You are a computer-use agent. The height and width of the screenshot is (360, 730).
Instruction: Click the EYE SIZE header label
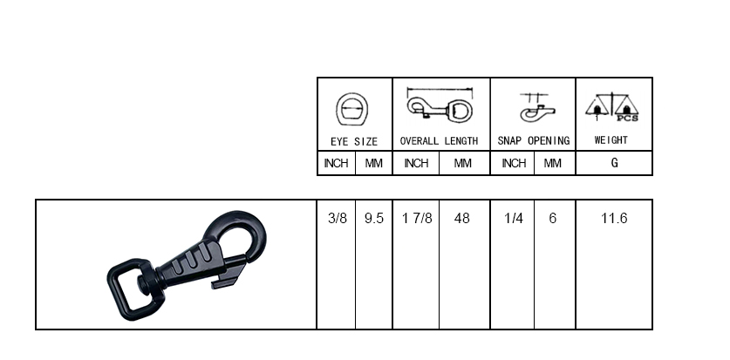coord(354,141)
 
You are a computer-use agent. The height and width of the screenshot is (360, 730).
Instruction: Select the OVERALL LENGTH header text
coord(439,141)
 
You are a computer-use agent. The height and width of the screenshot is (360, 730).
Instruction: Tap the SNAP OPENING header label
coord(534,140)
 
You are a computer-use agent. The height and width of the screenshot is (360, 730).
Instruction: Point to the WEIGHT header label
coord(611,140)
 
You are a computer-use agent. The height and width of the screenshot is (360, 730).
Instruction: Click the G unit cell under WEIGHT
coord(615,163)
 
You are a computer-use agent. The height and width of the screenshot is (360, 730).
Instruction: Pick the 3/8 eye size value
coord(338,218)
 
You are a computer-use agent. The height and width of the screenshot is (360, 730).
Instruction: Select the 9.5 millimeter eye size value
coord(374,218)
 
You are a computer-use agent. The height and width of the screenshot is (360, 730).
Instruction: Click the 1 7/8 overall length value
coord(417,218)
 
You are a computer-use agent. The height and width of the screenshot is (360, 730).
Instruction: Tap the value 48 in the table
coord(462,218)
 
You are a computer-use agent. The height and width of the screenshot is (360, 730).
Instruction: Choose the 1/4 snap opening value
coord(514,218)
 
